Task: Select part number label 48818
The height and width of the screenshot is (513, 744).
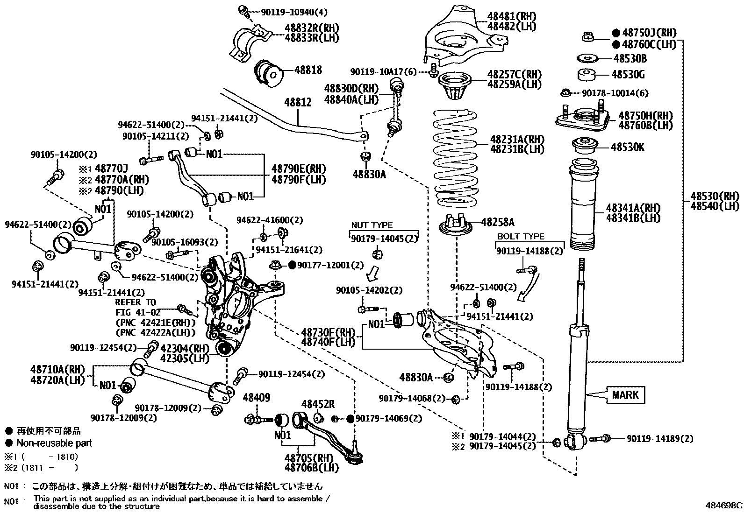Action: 308,70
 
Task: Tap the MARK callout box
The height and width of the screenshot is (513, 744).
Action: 625,395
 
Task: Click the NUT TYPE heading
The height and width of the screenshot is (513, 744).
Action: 372,225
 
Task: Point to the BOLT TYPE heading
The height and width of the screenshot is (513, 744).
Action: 521,237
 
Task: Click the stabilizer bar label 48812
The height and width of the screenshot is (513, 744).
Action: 298,102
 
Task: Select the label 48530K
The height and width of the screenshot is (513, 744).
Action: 628,148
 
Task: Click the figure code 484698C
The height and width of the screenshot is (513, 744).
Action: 723,505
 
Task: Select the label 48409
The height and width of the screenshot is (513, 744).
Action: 256,398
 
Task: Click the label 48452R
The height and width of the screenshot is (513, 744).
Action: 318,403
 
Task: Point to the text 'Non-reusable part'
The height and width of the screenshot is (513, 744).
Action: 54,443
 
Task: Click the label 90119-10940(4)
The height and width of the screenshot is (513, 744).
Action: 294,12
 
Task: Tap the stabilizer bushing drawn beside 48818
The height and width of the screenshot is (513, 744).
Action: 268,73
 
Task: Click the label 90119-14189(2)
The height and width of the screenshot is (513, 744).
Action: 660,438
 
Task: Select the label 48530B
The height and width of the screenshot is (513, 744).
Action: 630,59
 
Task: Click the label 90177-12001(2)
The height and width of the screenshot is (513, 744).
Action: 330,265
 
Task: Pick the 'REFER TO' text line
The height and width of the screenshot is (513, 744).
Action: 136,302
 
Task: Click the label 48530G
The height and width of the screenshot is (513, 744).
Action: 629,74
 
